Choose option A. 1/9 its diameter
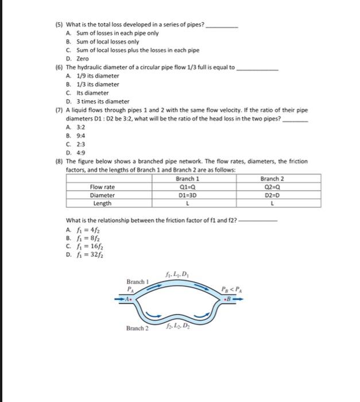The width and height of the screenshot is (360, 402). tap(92, 76)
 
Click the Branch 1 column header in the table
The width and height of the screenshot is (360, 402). tap(185, 179)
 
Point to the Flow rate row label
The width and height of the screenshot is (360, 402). tap(102, 187)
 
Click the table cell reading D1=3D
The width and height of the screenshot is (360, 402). tap(185, 195)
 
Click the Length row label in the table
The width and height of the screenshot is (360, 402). tap(102, 203)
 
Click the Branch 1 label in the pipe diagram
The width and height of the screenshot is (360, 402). tap(138, 281)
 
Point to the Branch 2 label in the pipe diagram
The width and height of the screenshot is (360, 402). tap(138, 328)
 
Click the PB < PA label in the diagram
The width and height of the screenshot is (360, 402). tap(233, 288)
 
